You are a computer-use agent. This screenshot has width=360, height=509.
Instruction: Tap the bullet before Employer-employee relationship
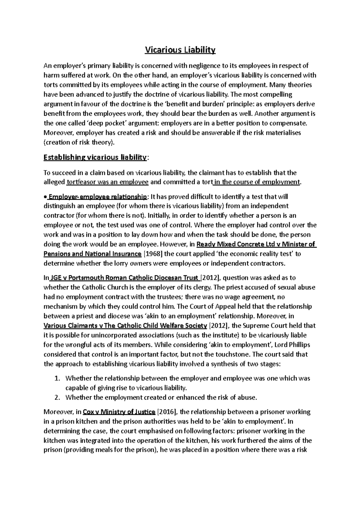point(45,197)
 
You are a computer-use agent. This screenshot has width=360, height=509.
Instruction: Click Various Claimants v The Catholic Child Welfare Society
point(125,326)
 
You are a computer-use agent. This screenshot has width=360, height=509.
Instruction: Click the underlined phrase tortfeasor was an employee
point(108,182)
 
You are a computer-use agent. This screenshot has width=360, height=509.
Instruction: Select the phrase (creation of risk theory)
point(79,142)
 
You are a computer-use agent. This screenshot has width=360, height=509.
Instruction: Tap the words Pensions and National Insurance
point(92,254)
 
